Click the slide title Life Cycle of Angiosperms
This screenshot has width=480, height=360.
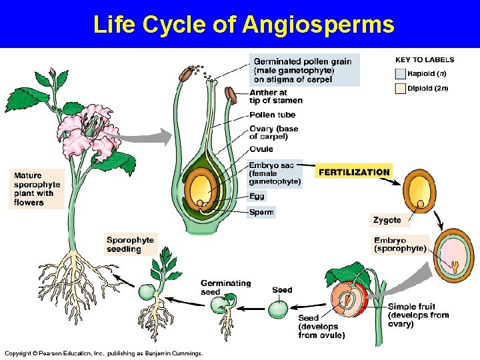tap(243, 24)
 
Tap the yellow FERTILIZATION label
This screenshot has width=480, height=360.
tap(354, 172)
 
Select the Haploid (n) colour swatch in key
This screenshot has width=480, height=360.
tap(400, 75)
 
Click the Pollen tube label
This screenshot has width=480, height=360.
tap(273, 115)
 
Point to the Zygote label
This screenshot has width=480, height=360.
tap(387, 220)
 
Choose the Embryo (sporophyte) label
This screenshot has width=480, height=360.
tap(400, 245)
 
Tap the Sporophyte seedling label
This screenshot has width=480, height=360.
tap(131, 244)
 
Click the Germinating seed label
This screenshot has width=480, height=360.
tap(225, 287)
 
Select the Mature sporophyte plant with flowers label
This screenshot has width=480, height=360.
tap(37, 189)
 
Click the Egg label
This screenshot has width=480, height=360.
tap(257, 196)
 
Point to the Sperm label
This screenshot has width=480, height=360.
tap(261, 213)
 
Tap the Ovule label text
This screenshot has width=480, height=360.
tap(261, 149)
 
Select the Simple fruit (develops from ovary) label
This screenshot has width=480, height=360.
tap(418, 315)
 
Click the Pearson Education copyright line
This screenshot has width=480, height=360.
tap(103, 353)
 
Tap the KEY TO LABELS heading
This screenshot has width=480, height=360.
tap(425, 60)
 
